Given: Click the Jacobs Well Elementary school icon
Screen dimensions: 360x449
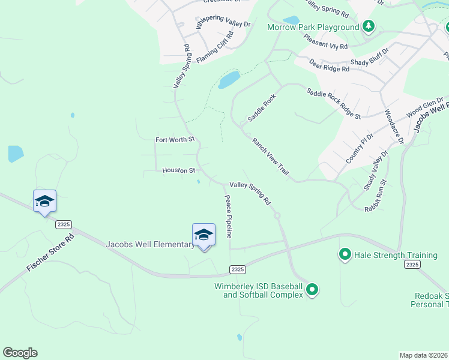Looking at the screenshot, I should coord(203,235).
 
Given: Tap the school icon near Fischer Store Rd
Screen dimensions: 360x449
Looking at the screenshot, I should coord(44,201).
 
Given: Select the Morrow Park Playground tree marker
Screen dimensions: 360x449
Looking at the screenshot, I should coord(369,26).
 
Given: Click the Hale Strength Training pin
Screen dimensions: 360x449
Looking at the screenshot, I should coord(345,255).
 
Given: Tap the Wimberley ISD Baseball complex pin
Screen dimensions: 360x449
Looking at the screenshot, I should coord(312,290).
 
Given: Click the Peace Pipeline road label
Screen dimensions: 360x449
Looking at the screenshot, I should coord(229,217).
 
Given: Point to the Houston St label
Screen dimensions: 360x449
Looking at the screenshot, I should coord(179,170).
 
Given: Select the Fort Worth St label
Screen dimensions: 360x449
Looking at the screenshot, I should coord(175,139).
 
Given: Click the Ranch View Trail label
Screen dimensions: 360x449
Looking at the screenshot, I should coord(271,157).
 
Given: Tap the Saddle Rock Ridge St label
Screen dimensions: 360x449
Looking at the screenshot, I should coord(333,103).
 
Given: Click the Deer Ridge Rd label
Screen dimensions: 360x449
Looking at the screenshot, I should coord(329,65).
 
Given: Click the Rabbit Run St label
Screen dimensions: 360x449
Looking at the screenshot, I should coord(376,194).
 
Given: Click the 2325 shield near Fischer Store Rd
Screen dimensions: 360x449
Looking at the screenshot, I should coord(64,224).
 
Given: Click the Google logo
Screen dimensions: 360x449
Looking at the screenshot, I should coord(20,353).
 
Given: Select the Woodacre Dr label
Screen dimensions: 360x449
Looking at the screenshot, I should coord(394,126).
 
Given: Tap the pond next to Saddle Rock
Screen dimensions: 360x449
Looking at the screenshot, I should coord(229,79).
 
